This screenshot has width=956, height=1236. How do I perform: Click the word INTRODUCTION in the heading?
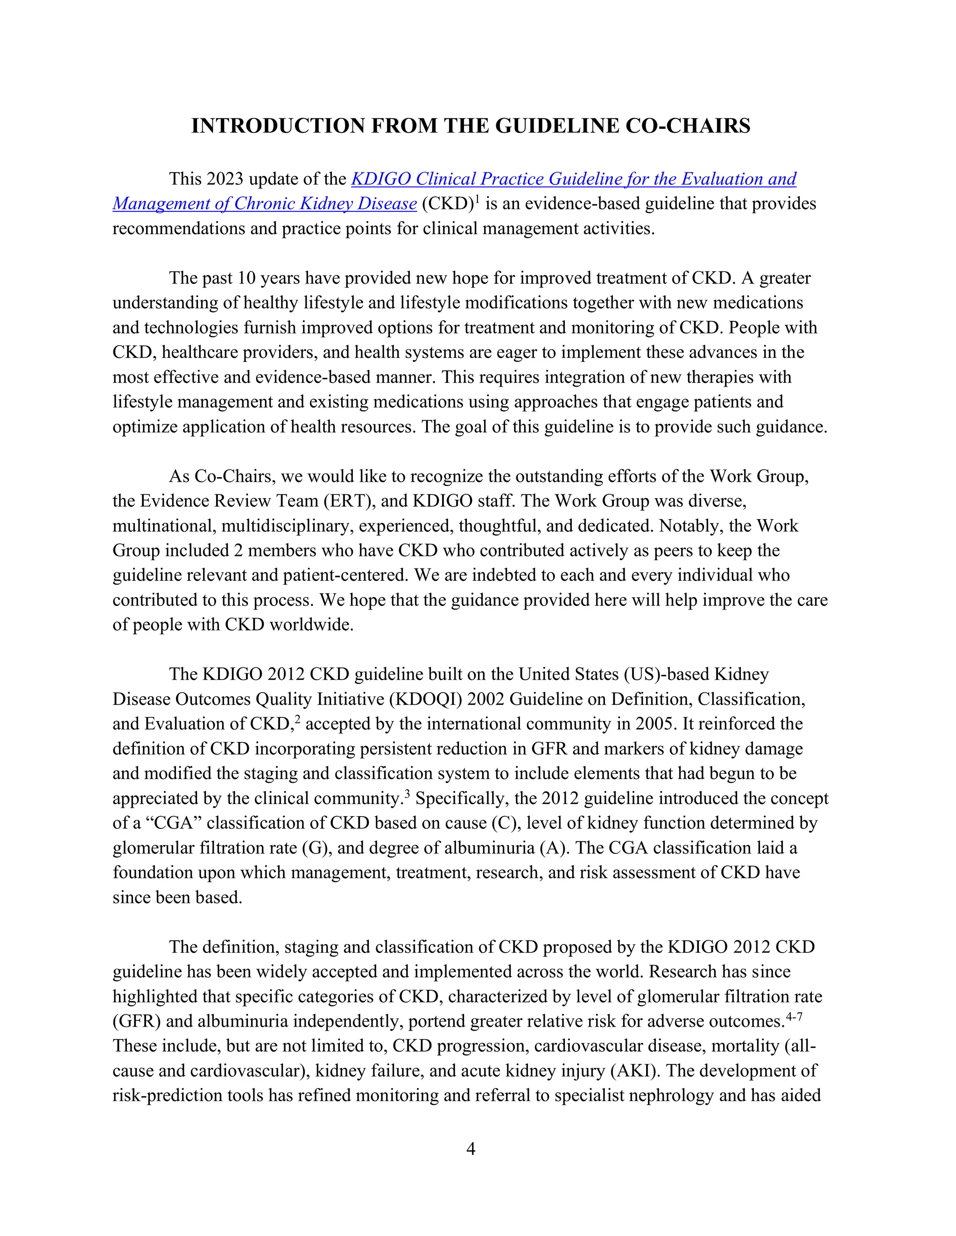278,125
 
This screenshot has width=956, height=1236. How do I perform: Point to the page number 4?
470,1149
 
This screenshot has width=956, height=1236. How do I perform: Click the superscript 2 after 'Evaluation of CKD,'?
297,720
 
